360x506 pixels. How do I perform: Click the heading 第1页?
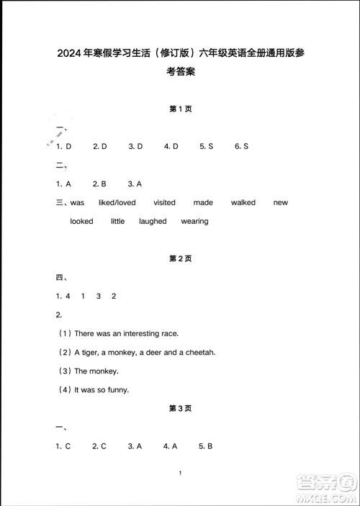pyautogui.click(x=179, y=109)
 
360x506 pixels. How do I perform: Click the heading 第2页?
pyautogui.click(x=179, y=258)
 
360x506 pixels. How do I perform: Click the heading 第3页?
pyautogui.click(x=179, y=408)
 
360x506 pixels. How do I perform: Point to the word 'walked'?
pyautogui.click(x=243, y=203)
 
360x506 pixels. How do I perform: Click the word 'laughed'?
pyautogui.click(x=153, y=222)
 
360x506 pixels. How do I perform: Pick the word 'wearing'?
pyautogui.click(x=194, y=222)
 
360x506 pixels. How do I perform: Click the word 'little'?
pyautogui.click(x=117, y=222)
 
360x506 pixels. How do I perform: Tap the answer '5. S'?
pyautogui.click(x=207, y=146)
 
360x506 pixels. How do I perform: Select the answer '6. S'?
pyautogui.click(x=241, y=146)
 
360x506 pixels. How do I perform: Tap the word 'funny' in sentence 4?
pyautogui.click(x=117, y=390)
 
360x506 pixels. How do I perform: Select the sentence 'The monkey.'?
pyautogui.click(x=96, y=371)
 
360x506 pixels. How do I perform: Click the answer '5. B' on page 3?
pyautogui.click(x=206, y=446)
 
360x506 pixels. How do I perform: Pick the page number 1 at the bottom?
pyautogui.click(x=180, y=474)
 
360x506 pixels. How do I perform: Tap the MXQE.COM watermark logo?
pyautogui.click(x=328, y=489)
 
